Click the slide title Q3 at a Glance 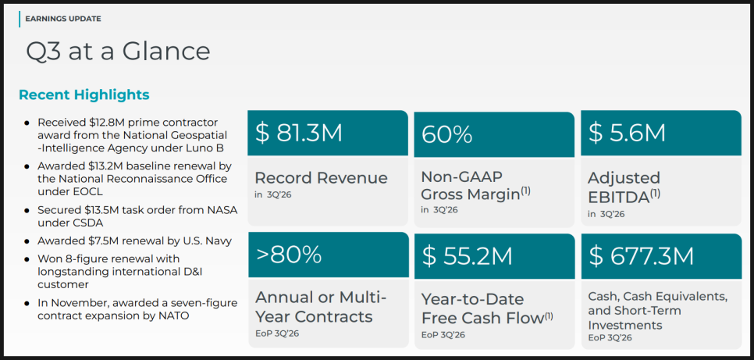tap(118, 51)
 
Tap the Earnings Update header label tap(63, 19)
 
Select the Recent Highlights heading tap(84, 94)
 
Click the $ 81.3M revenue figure tap(299, 133)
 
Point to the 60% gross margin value tap(447, 134)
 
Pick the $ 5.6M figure tap(627, 133)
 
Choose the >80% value tap(289, 255)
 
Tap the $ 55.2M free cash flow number tap(467, 255)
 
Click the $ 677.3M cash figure tap(641, 255)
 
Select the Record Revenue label tap(321, 178)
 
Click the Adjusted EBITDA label tap(624, 186)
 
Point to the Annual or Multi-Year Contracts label tap(321, 307)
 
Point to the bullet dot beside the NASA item tap(27, 211)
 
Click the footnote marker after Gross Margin tap(525, 190)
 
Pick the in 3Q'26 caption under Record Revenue tap(273, 194)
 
